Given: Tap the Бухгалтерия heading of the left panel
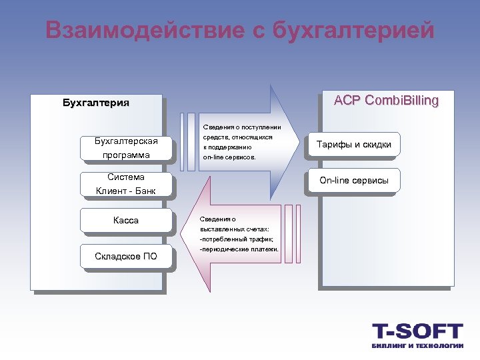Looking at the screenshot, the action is [96, 103].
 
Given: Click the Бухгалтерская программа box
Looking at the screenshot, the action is [126, 148].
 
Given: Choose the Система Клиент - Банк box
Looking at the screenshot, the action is [126, 185].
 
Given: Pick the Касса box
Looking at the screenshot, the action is [126, 220].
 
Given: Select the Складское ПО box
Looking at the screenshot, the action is [126, 257].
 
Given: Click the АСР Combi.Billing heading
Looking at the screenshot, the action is [387, 101].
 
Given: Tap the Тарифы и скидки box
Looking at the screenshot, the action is [354, 144].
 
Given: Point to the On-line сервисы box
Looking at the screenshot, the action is [354, 180].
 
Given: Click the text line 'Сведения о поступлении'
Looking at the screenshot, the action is [242, 127].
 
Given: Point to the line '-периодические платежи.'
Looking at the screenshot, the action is [239, 249].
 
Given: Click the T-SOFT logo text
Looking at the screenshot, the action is [417, 331].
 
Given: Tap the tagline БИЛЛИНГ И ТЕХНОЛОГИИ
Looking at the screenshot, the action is [417, 345].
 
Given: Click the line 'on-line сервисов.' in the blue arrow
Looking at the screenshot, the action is [229, 157].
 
